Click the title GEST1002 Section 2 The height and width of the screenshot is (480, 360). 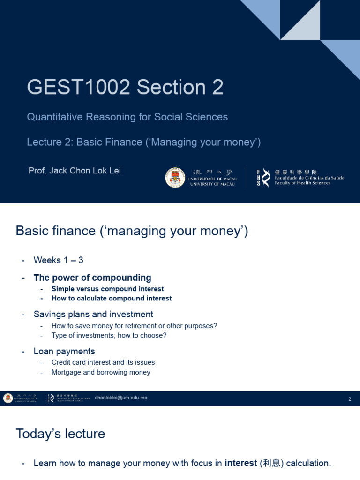[125, 87]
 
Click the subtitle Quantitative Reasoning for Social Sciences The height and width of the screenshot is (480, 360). [127, 117]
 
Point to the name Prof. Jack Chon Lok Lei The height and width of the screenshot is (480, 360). [75, 171]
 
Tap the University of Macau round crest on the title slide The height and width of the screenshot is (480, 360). [175, 178]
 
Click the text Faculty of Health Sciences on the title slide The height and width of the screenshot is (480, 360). [302, 183]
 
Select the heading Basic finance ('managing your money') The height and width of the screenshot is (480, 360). [132, 231]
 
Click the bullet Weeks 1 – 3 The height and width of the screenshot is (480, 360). [58, 260]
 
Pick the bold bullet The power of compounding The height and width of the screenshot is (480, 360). [92, 277]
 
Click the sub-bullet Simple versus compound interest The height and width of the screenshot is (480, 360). [107, 289]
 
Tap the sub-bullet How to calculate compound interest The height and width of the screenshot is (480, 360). [112, 298]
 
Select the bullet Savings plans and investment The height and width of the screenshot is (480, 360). [93, 314]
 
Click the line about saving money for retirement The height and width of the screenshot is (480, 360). [134, 326]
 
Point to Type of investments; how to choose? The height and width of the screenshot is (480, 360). [109, 335]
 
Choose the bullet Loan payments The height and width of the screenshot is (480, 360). [64, 351]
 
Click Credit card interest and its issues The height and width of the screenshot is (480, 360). [103, 362]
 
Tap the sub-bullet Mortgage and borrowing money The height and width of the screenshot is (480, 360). [101, 372]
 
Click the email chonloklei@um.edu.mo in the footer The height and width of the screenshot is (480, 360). [121, 398]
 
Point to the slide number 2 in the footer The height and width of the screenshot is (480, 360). [350, 399]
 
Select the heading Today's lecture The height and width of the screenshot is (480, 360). [60, 434]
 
